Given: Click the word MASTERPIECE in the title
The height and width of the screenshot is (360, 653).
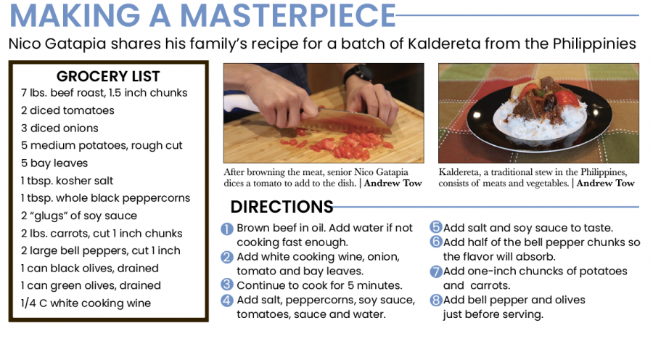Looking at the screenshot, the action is click(x=287, y=15).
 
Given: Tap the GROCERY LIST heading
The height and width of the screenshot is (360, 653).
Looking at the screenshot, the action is click(x=108, y=76).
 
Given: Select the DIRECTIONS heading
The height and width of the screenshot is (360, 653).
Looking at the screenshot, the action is click(x=282, y=207).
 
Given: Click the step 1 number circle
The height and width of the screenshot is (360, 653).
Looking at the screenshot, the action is click(x=227, y=229).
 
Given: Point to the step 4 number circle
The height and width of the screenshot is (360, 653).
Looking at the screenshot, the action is click(x=227, y=300).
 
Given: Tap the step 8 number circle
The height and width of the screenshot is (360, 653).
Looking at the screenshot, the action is click(x=435, y=300).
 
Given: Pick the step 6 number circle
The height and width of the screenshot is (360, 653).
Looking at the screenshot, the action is click(x=435, y=242).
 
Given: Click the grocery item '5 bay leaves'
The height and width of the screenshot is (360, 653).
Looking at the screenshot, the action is click(x=54, y=163).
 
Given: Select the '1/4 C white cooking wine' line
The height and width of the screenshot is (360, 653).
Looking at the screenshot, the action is click(x=86, y=303).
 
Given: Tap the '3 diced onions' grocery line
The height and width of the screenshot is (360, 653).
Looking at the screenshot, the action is click(x=59, y=128).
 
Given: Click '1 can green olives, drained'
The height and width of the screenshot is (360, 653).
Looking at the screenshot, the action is click(x=91, y=285).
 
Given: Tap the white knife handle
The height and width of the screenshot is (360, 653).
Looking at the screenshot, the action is click(x=240, y=103).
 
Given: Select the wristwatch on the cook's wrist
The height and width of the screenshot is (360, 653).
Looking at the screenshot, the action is click(x=358, y=73).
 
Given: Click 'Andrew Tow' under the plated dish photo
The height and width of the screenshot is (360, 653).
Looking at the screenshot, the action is click(x=606, y=184).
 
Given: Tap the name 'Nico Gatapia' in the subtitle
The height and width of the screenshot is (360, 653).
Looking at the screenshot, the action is click(x=57, y=44).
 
